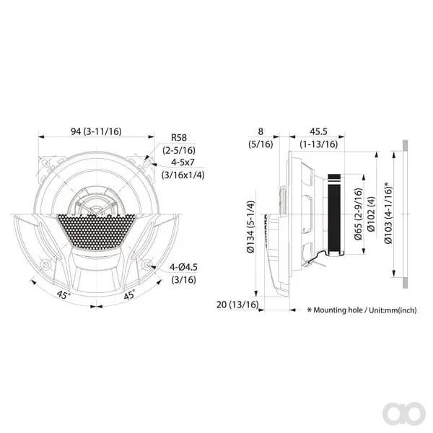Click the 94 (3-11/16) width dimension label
coord(96,131)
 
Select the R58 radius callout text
coord(179,138)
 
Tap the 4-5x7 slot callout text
coord(183,162)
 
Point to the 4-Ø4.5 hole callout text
coord(183,267)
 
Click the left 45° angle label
coord(63,294)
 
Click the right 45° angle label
coord(129,295)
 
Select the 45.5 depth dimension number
coord(318,131)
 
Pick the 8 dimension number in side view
coord(261,131)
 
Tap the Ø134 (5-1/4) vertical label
coord(250,227)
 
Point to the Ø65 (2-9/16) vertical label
coord(358,214)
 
